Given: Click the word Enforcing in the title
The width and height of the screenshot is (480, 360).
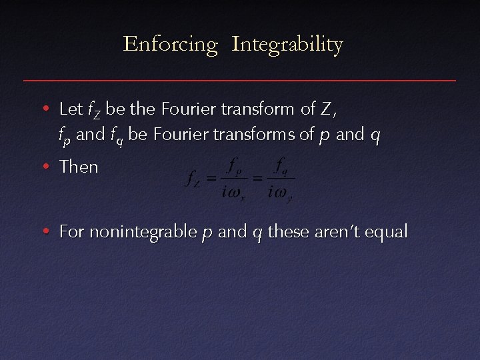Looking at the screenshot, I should click(x=171, y=45).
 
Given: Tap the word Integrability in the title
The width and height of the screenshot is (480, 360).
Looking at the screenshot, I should click(x=287, y=45).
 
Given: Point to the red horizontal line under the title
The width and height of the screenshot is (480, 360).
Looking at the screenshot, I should click(x=240, y=81).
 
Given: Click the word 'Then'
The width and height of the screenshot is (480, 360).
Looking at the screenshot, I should click(x=79, y=167).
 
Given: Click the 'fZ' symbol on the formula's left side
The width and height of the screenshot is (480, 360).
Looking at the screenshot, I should click(x=193, y=179).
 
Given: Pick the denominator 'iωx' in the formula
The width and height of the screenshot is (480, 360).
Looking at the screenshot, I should click(x=233, y=194).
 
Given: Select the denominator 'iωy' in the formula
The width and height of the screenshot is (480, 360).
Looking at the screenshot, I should click(x=280, y=194).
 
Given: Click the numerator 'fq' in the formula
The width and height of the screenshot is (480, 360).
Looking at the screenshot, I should click(x=281, y=164).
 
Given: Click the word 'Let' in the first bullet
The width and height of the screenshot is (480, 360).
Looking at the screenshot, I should click(x=71, y=108).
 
